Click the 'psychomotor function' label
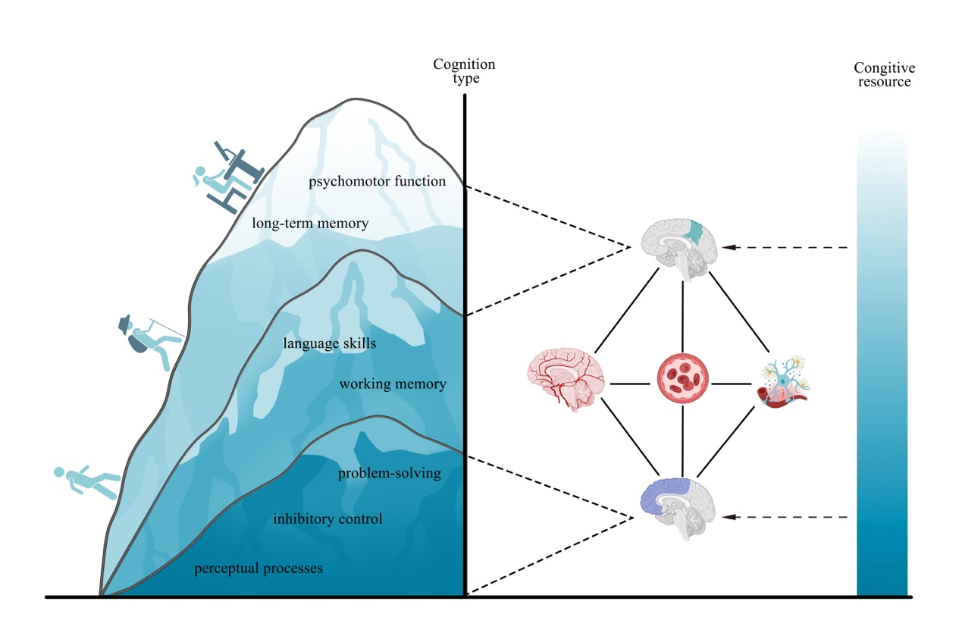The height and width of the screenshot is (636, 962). pos(377,182)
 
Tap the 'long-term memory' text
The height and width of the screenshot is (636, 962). pos(310,224)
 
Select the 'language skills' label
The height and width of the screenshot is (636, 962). pos(330,343)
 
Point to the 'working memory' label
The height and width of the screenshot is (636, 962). pos(393,384)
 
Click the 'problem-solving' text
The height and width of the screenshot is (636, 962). pos(390,474)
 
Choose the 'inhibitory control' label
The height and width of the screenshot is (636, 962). pos(327,519)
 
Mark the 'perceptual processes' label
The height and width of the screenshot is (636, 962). pos(259,569)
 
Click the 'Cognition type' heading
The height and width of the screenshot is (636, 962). pos(464,71)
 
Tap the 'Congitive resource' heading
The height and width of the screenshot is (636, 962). pos(884,74)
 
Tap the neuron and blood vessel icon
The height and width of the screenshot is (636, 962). pos(783,383)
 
